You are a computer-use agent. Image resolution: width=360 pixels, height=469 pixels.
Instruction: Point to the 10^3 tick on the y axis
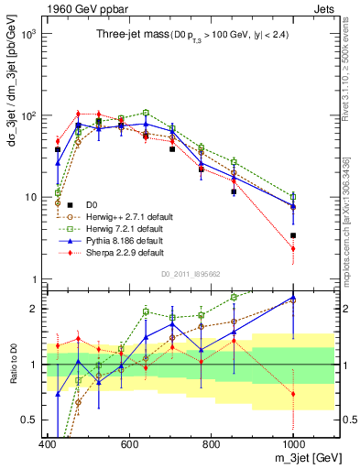[x=28, y=34]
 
